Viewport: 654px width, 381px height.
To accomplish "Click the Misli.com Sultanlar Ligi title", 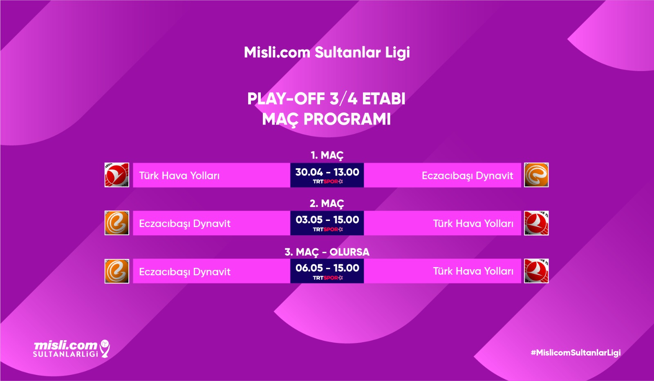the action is [x=327, y=53].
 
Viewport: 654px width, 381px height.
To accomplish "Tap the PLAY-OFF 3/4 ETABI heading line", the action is [x=327, y=98].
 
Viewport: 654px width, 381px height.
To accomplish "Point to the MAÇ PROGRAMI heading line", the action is [x=327, y=119].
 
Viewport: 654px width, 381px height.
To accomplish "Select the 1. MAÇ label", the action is [x=327, y=156].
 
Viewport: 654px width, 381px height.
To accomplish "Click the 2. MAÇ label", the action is [x=327, y=204].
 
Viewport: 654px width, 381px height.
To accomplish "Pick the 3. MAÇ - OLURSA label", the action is [x=327, y=252].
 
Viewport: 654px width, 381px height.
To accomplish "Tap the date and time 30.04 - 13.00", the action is [x=327, y=172].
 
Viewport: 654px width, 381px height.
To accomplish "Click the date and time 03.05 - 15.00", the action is [x=327, y=220].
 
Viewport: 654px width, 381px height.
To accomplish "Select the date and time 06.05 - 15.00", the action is [x=327, y=268].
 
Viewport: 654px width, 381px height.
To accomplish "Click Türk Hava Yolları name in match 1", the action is [x=179, y=176].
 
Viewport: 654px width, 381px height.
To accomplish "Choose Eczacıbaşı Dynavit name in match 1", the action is [x=468, y=176].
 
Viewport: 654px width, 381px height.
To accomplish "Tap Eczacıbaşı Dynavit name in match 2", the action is [x=185, y=224].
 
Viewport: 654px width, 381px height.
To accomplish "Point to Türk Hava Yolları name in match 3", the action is [x=473, y=271].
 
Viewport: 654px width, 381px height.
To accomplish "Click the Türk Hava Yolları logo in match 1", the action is [x=117, y=175].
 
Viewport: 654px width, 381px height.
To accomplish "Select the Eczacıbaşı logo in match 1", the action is [x=536, y=175].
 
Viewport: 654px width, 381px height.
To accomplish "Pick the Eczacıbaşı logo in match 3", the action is [x=117, y=271].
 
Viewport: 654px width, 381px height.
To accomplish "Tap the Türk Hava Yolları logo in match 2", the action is [x=536, y=223].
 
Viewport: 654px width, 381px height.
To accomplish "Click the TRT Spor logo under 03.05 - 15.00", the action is [x=328, y=229].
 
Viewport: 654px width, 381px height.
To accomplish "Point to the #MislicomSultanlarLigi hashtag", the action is [x=576, y=353].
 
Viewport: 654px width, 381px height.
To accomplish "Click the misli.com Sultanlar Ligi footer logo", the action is [x=72, y=349].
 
